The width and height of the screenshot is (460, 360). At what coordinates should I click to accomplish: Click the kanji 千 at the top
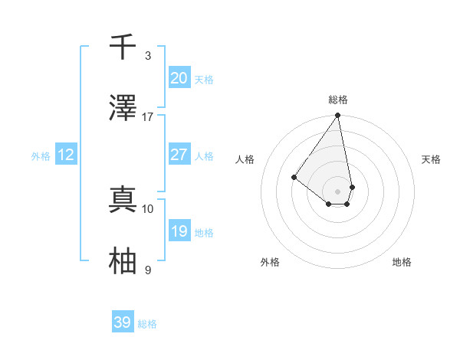(123, 47)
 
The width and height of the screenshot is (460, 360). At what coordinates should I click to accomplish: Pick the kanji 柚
(123, 261)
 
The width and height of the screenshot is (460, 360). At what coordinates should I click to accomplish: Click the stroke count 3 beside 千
(148, 56)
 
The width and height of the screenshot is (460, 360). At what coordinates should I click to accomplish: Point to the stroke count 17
(148, 117)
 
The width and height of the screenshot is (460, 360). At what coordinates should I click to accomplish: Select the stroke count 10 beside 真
(148, 208)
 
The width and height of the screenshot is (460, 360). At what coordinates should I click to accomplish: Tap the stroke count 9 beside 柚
(148, 270)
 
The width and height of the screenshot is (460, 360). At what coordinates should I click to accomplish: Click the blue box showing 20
(179, 78)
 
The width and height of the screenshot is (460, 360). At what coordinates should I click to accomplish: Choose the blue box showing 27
(179, 155)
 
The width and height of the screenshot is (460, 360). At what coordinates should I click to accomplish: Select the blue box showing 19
(179, 231)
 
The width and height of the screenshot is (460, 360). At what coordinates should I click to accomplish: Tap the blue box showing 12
(66, 155)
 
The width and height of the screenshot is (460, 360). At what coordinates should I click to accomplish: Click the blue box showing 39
(123, 322)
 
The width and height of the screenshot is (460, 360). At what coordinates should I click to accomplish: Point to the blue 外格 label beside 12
(41, 156)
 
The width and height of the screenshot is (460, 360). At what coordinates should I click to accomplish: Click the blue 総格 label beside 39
(147, 324)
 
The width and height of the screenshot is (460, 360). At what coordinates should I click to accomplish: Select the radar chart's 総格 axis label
(338, 100)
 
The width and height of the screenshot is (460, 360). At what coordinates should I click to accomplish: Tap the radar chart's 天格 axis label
(431, 159)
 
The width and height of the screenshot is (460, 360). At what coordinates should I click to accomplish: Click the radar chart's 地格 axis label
(402, 262)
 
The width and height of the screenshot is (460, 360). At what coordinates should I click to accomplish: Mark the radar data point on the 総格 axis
(338, 116)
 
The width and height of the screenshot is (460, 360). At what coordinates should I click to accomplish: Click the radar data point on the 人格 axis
(294, 177)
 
